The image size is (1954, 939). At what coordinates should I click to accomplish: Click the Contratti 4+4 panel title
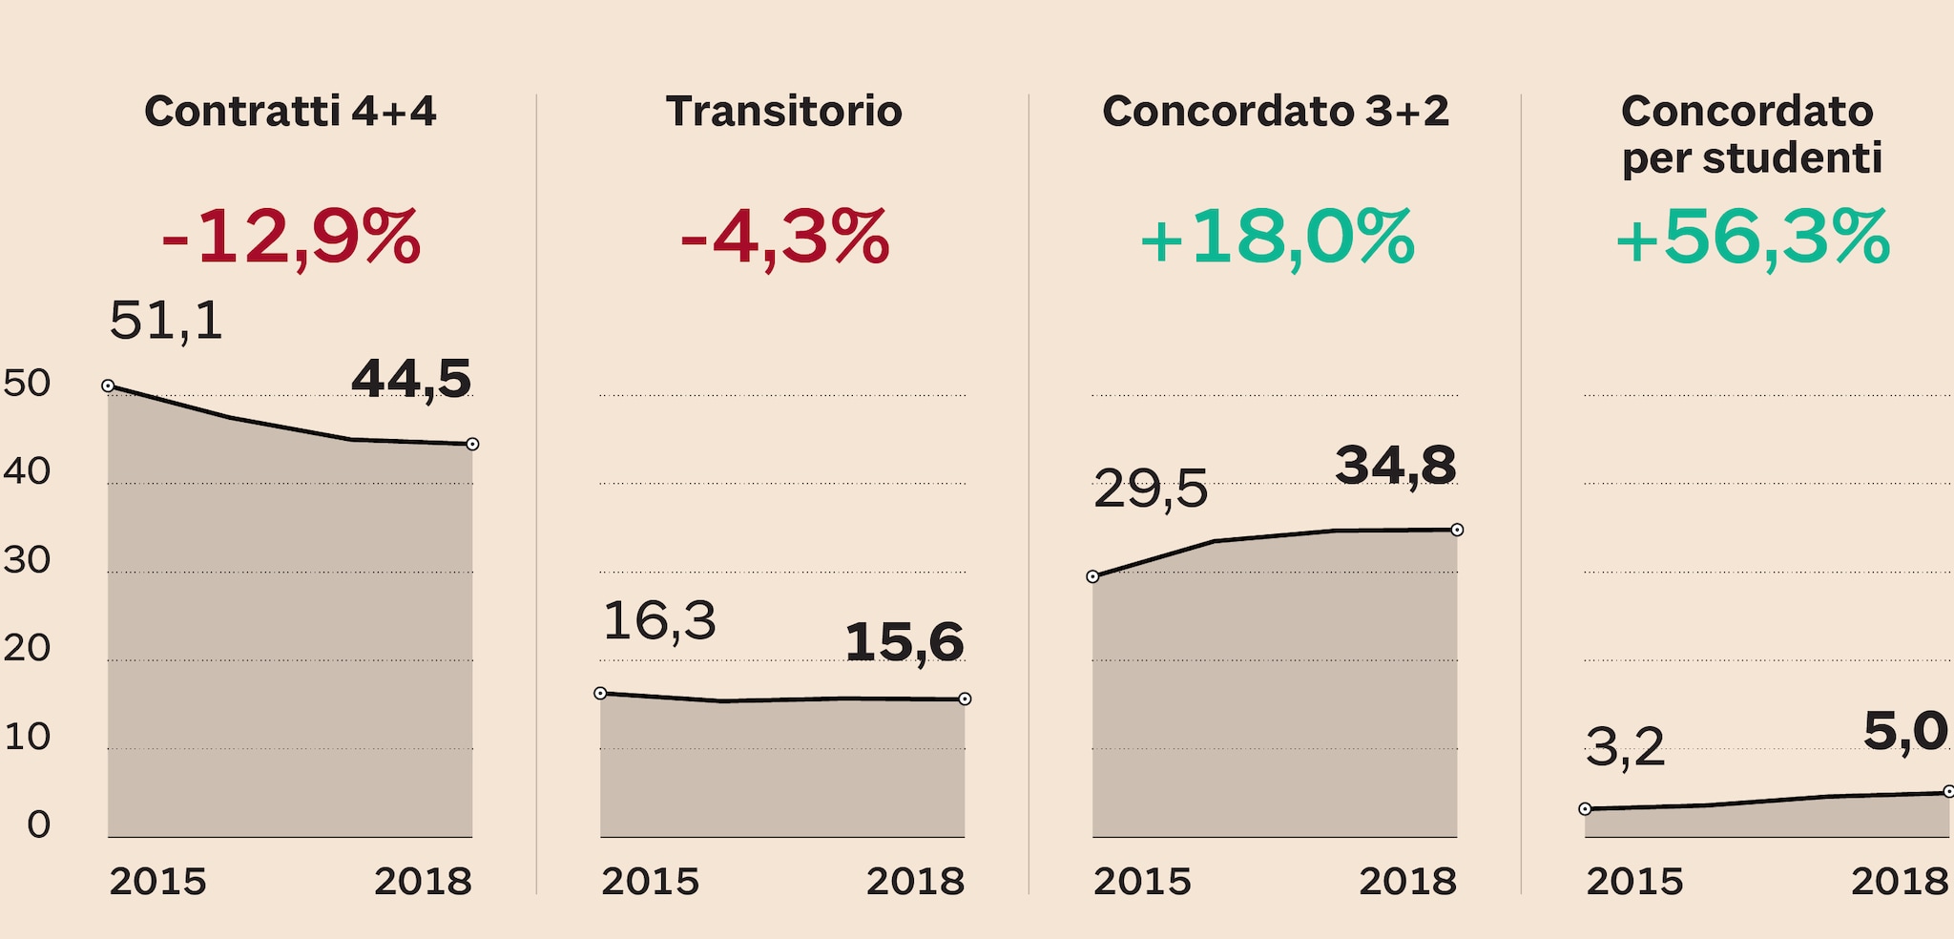tap(290, 112)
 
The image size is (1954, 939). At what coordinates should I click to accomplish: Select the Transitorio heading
tap(783, 112)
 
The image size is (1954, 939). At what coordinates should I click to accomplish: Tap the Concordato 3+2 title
tap(1276, 112)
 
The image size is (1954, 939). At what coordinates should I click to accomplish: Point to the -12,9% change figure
tap(290, 238)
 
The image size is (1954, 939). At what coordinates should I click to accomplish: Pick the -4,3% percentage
tap(783, 238)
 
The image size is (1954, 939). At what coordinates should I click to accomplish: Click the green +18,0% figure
tap(1276, 238)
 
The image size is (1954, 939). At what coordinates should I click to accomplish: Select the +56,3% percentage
tap(1752, 238)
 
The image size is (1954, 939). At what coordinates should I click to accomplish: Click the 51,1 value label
tap(166, 321)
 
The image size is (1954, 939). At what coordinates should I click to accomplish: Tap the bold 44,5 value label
tap(411, 379)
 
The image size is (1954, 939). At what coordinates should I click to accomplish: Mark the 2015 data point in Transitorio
tap(600, 693)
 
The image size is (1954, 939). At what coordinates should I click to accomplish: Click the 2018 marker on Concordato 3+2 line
tap(1457, 530)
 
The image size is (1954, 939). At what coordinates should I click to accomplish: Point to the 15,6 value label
tap(904, 642)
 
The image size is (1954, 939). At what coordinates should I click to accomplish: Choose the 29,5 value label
tap(1150, 490)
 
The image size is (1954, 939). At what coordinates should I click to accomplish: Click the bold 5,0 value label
tap(1904, 733)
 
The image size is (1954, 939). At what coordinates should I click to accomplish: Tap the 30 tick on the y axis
tap(27, 560)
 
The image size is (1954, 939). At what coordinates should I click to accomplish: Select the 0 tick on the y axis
tap(38, 824)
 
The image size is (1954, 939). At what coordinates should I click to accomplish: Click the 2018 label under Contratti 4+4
tap(423, 882)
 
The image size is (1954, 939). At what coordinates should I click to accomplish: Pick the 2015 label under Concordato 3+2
tap(1142, 882)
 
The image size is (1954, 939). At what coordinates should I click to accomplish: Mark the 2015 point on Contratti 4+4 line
tap(108, 386)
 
